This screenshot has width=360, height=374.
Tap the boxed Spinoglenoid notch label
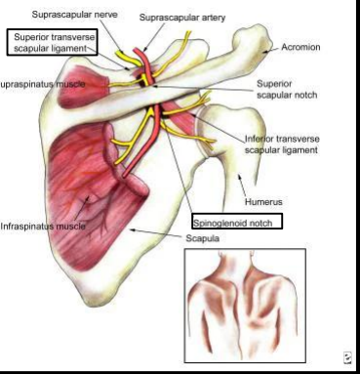(x=237, y=222)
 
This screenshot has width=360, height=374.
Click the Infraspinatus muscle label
(x=43, y=226)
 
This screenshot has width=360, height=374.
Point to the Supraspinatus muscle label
(x=43, y=85)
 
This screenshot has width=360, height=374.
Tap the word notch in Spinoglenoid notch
(x=262, y=222)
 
